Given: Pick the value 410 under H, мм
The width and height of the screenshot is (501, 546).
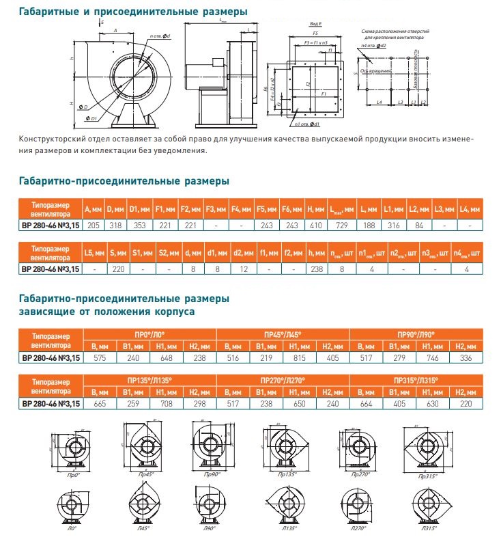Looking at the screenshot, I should point(315,226).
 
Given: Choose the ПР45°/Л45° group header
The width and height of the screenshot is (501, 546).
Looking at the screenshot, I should point(283,333).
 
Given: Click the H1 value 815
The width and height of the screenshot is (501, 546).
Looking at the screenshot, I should point(299,357).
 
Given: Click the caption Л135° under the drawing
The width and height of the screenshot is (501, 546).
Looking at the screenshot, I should point(285,529).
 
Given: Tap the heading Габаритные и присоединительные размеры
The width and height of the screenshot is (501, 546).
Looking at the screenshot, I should point(132,12).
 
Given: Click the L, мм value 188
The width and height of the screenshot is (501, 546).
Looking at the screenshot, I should point(367,226).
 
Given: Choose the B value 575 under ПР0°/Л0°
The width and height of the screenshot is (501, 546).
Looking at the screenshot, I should point(100,357).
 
